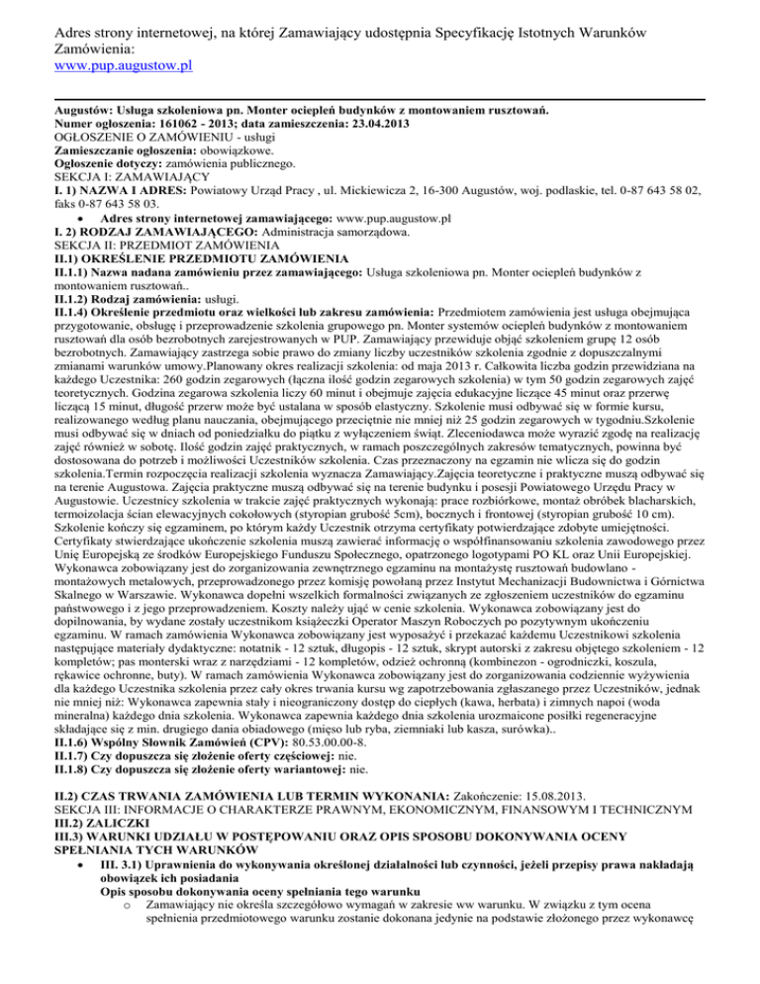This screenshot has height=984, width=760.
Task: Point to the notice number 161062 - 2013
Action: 192,123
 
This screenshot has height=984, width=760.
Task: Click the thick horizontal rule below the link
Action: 380,97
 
